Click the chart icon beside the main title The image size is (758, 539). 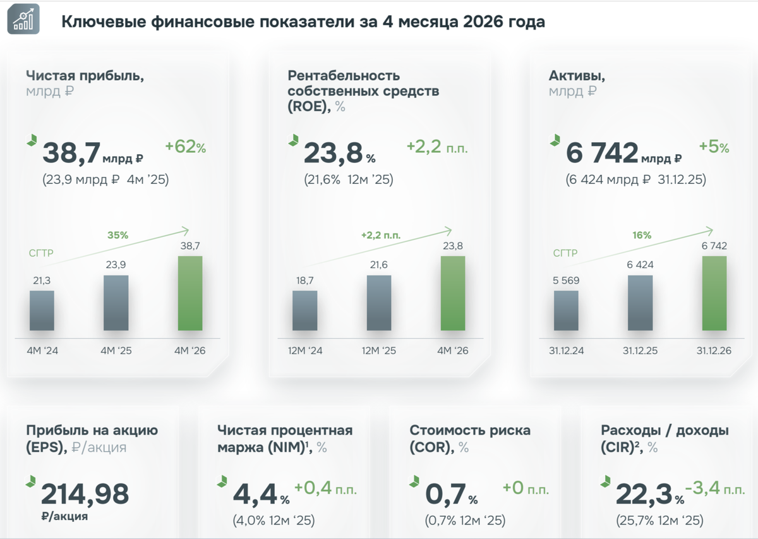coord(23,20)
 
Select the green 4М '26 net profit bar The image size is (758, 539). coord(190,293)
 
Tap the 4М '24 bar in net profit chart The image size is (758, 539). coord(42,310)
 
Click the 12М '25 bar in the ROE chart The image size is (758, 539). coord(379,303)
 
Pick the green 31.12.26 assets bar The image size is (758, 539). coord(714,293)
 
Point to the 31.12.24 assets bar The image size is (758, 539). coord(566,310)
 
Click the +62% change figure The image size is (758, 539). coord(186,147)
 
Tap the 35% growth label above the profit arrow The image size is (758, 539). coord(117,235)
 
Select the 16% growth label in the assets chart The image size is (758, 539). coord(642,235)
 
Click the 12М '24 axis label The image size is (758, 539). coord(305,351)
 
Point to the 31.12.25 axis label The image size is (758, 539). coord(641,351)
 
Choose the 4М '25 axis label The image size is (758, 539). coord(116,351)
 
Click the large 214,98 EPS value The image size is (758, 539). coord(85,494)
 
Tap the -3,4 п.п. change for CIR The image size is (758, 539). coord(715,488)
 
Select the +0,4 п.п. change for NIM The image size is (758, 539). coord(325,488)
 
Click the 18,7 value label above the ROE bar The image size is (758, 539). coord(305,281)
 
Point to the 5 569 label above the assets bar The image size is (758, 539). coord(566,281)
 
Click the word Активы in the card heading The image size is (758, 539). coord(577,76)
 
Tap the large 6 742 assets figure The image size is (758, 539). coord(602,153)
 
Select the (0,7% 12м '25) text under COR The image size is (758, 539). coord(466,520)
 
